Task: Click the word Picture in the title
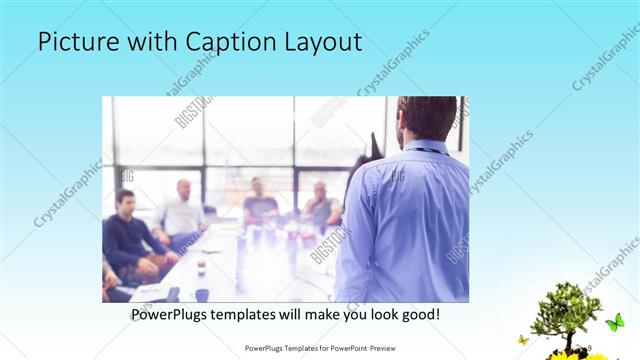79,43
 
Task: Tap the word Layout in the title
324,43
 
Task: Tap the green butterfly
614,322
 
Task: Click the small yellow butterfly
523,340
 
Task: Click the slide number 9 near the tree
588,347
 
